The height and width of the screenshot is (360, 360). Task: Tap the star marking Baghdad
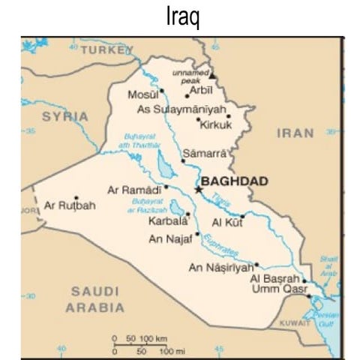pos(199,190)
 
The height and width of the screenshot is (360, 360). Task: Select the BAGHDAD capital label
pos(235,181)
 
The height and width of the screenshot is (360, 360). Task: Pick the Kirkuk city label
pos(215,125)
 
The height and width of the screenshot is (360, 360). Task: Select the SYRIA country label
pos(64,117)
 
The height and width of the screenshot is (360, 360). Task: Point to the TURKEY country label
pos(106,49)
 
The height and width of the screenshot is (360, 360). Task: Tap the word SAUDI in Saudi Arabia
pos(95,291)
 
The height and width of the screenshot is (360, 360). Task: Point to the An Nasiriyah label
pos(219,268)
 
